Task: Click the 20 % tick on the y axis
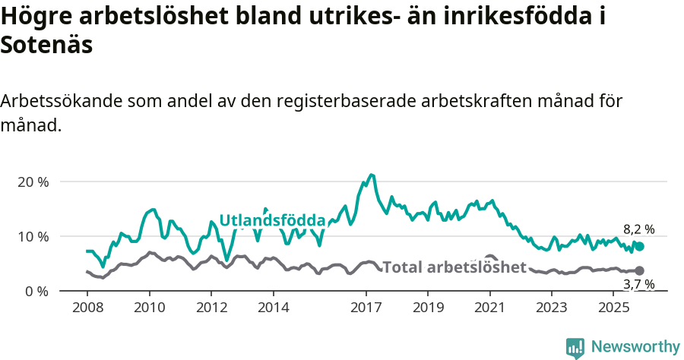point(33,182)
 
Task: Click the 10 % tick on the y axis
point(33,236)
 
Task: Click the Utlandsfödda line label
point(272,220)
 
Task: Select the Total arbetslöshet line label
point(454,267)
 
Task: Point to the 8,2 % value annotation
point(638,229)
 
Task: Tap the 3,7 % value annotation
point(638,284)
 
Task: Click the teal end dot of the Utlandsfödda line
point(640,246)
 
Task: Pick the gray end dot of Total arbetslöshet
point(640,270)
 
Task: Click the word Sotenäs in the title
point(46,45)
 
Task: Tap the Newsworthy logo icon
point(575,347)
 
